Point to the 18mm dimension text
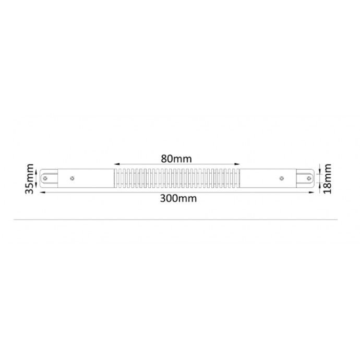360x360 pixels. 328,178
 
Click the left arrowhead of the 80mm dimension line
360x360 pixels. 116,164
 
